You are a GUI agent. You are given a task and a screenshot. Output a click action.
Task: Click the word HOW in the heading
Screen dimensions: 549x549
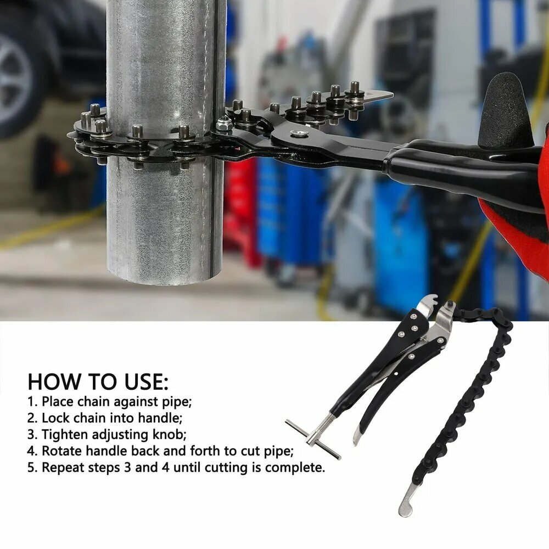pos(54,382)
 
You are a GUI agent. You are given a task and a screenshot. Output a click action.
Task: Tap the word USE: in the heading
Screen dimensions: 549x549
pos(147,382)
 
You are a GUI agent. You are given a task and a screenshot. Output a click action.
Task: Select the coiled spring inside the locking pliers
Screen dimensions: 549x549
pos(414,348)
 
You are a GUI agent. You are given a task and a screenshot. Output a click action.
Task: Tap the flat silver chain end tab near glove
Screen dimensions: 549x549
pos(377,96)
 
